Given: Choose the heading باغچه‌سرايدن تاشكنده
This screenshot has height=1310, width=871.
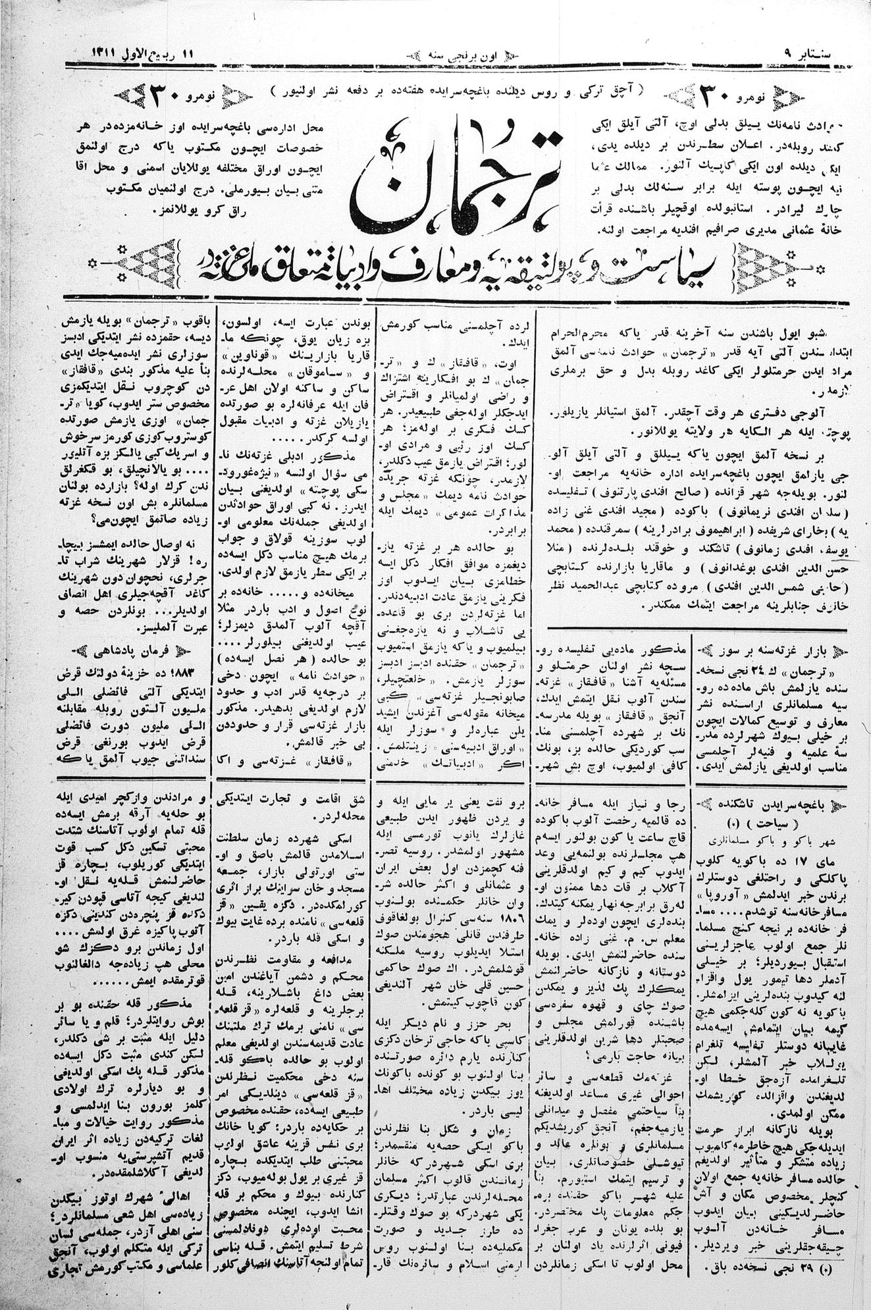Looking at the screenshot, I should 777,803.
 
